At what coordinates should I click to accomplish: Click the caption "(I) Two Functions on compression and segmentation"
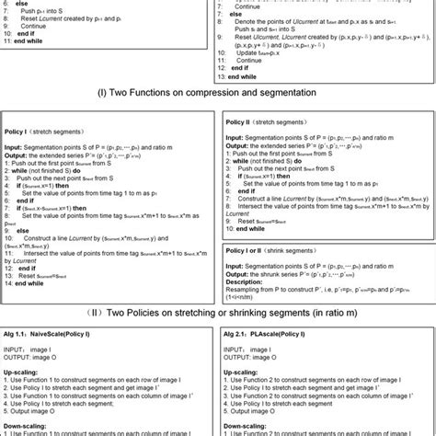[217, 92]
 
